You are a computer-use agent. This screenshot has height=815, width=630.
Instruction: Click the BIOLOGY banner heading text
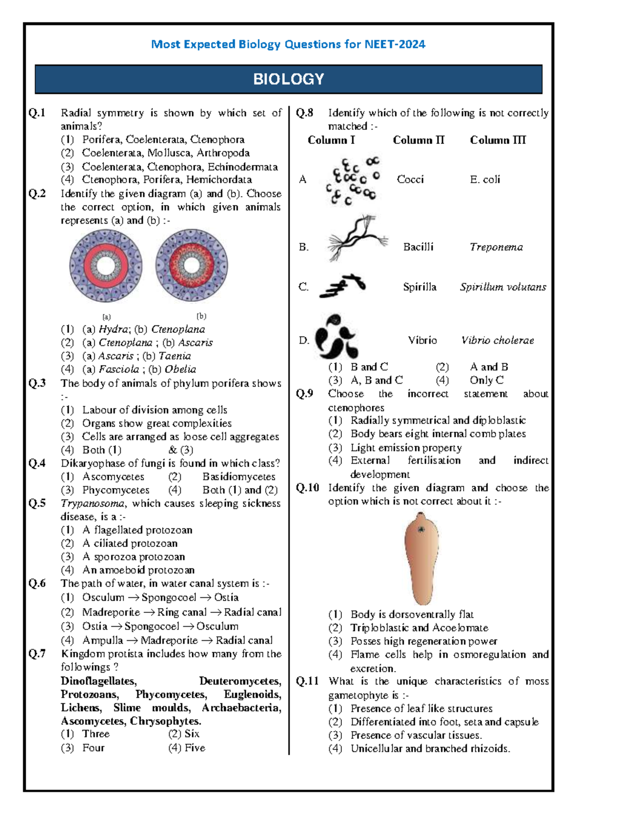pyautogui.click(x=288, y=79)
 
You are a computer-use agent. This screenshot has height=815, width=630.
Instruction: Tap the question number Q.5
pyautogui.click(x=37, y=503)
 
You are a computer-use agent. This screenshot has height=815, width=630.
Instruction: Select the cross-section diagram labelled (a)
pyautogui.click(x=106, y=266)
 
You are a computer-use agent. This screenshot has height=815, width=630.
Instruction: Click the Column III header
pyautogui.click(x=497, y=140)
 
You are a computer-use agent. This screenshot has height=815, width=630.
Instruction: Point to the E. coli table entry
pyautogui.click(x=485, y=179)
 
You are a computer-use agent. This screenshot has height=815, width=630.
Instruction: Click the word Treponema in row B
pyautogui.click(x=496, y=247)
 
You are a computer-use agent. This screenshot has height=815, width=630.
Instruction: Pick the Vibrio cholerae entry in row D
pyautogui.click(x=497, y=341)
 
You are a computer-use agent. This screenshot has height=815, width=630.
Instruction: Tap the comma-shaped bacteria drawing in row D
pyautogui.click(x=337, y=336)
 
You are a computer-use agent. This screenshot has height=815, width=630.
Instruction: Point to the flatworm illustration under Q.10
pyautogui.click(x=422, y=558)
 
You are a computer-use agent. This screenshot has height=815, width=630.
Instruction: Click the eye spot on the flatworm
pyautogui.click(x=421, y=530)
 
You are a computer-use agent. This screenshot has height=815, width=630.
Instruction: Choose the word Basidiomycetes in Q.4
pyautogui.click(x=239, y=477)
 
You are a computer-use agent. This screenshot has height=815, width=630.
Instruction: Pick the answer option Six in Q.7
pyautogui.click(x=192, y=734)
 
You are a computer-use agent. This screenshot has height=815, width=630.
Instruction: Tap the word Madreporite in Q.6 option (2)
pyautogui.click(x=111, y=612)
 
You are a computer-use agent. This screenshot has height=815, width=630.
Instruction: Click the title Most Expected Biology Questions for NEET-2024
pyautogui.click(x=288, y=45)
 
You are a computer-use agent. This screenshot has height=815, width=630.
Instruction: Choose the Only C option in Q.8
pyautogui.click(x=486, y=380)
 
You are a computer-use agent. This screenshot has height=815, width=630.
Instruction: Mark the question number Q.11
pyautogui.click(x=307, y=681)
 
